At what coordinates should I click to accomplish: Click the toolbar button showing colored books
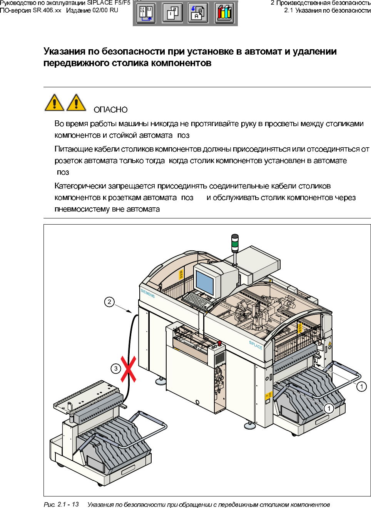pos(224,13)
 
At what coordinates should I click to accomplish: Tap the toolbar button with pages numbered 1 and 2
pos(172,13)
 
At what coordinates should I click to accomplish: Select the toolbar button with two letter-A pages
pos(198,13)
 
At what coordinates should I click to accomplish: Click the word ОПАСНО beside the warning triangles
pos(110,110)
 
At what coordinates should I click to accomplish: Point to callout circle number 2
pos(109,302)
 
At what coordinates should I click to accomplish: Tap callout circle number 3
pos(116,368)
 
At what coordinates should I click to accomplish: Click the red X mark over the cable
pos(129,369)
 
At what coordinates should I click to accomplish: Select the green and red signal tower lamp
pos(235,243)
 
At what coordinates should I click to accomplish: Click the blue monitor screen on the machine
pos(204,282)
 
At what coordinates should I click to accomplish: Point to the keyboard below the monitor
pos(197,300)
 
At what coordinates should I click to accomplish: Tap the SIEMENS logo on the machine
pos(148,293)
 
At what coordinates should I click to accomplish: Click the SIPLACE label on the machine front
pos(256,345)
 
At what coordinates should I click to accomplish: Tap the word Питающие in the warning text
pos(73,149)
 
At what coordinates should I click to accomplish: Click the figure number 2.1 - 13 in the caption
pos(68,504)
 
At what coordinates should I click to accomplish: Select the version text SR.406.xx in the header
pos(47,10)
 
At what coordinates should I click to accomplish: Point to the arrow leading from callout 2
pos(124,308)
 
